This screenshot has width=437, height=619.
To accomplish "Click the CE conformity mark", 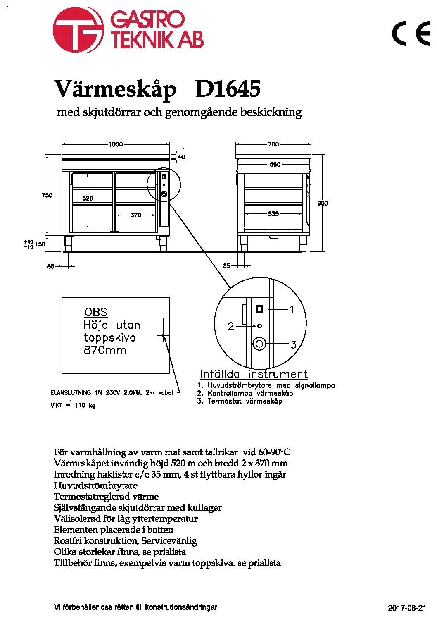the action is click(x=411, y=33).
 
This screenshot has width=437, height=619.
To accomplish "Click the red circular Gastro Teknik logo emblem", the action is click(x=78, y=30).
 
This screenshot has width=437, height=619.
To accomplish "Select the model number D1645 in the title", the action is click(x=228, y=89).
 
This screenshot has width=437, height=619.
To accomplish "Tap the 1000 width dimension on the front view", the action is click(x=115, y=144).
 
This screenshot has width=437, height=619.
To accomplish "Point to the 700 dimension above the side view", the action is click(x=273, y=144).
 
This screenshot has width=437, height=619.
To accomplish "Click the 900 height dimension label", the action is click(x=323, y=203).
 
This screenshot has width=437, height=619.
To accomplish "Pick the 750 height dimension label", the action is click(x=47, y=195).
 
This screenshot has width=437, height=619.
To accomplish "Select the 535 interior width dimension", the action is click(x=273, y=214).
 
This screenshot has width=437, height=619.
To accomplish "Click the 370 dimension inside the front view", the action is click(x=135, y=215).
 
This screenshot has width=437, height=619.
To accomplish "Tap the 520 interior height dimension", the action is click(x=88, y=198).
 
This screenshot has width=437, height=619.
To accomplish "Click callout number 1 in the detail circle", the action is click(x=292, y=310).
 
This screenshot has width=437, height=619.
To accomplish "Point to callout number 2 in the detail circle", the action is click(x=231, y=326).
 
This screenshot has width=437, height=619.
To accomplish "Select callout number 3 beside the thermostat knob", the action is click(x=293, y=344).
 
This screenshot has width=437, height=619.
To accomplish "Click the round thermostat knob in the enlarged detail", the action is click(x=259, y=344).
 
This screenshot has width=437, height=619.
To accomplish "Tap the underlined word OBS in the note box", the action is click(x=96, y=313).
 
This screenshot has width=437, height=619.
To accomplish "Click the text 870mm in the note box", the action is click(x=105, y=350).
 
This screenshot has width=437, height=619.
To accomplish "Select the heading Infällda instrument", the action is click(x=254, y=374).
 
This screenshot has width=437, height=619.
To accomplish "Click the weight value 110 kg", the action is click(x=85, y=406).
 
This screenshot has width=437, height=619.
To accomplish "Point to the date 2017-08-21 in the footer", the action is click(x=407, y=608).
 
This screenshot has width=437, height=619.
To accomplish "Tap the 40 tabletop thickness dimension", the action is click(x=181, y=157).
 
